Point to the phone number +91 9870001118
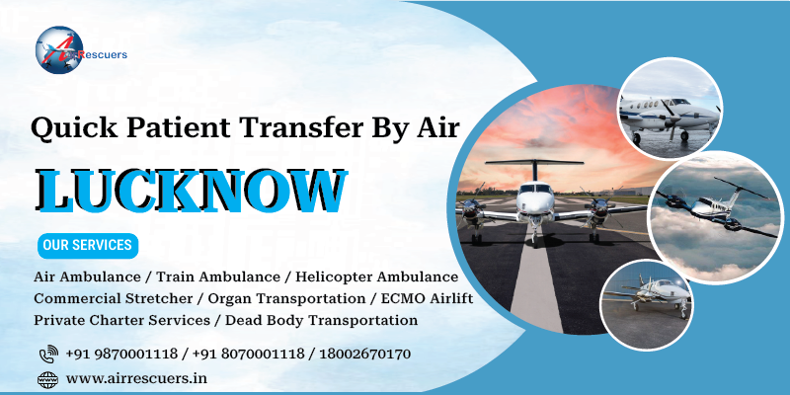(120, 354)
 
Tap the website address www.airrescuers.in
(136, 378)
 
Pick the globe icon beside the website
(47, 378)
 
